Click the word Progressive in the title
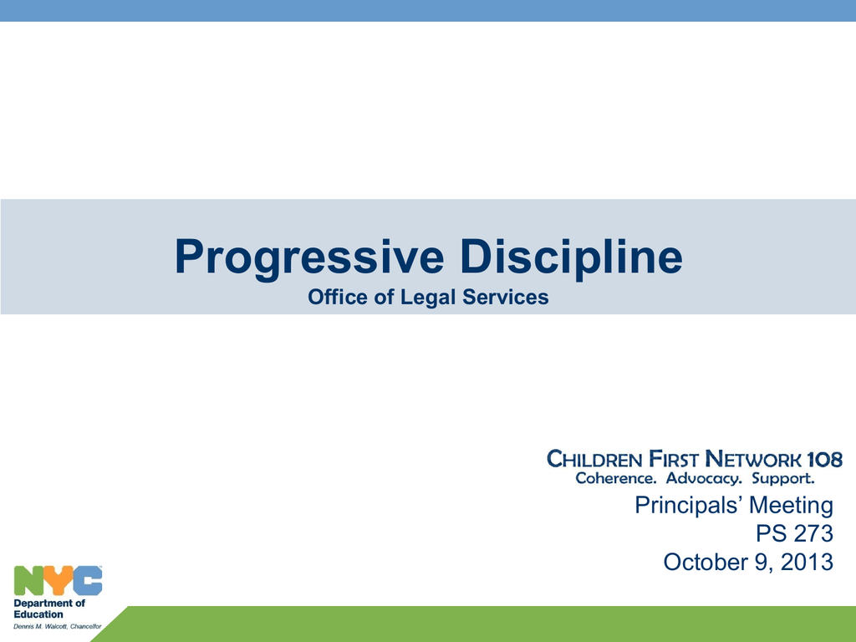[x=309, y=257]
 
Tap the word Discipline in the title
[x=571, y=256]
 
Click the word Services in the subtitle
[x=505, y=297]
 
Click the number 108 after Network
[x=824, y=459]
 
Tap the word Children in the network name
[x=594, y=459]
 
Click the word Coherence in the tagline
[x=616, y=478]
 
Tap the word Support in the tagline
[x=782, y=479]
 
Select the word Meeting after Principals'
[x=791, y=506]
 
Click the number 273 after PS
[x=810, y=533]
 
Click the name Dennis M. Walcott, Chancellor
[x=58, y=626]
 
